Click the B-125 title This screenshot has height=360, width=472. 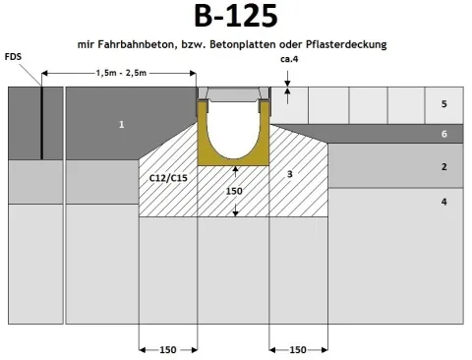(236, 16)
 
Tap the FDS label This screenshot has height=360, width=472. (13, 57)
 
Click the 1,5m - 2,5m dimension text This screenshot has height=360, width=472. (121, 73)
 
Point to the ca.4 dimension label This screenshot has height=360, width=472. (289, 59)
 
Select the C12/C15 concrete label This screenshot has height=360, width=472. (168, 178)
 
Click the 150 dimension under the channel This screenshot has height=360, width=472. (234, 191)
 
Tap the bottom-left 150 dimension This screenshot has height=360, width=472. (168, 350)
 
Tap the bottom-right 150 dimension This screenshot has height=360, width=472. (298, 350)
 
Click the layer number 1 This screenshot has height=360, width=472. (122, 125)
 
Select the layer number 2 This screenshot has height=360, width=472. (444, 166)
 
